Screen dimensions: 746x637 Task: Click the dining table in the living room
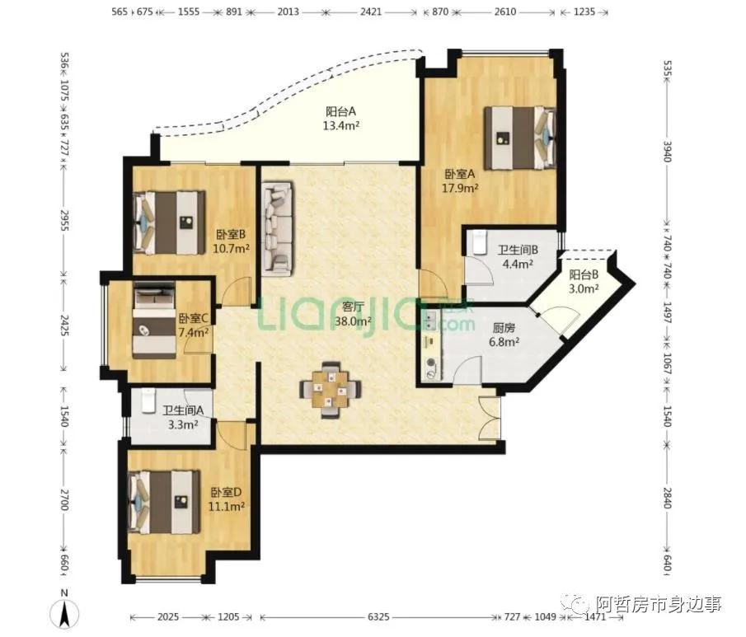pyautogui.click(x=331, y=390)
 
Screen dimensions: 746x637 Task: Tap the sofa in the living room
pyautogui.click(x=277, y=229)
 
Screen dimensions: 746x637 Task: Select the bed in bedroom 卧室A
pyautogui.click(x=520, y=138)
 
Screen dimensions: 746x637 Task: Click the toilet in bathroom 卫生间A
pyautogui.click(x=148, y=400)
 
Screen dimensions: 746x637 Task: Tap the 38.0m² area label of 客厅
pyautogui.click(x=353, y=321)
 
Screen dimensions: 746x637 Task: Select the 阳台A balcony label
pyautogui.click(x=340, y=112)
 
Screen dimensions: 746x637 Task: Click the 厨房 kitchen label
pyautogui.click(x=504, y=328)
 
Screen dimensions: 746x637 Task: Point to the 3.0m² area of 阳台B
pyautogui.click(x=584, y=288)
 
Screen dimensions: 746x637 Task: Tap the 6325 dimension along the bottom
pyautogui.click(x=378, y=617)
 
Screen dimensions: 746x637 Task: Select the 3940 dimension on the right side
pyautogui.click(x=667, y=152)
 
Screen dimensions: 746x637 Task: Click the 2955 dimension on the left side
pyautogui.click(x=64, y=221)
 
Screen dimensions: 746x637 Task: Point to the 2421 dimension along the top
pyautogui.click(x=371, y=12)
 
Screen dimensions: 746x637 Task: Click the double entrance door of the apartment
pyautogui.click(x=489, y=418)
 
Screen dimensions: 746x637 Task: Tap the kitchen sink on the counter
pyautogui.click(x=431, y=321)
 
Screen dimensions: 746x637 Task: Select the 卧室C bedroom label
pyautogui.click(x=193, y=318)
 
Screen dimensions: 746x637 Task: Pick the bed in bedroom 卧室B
pyautogui.click(x=170, y=222)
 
